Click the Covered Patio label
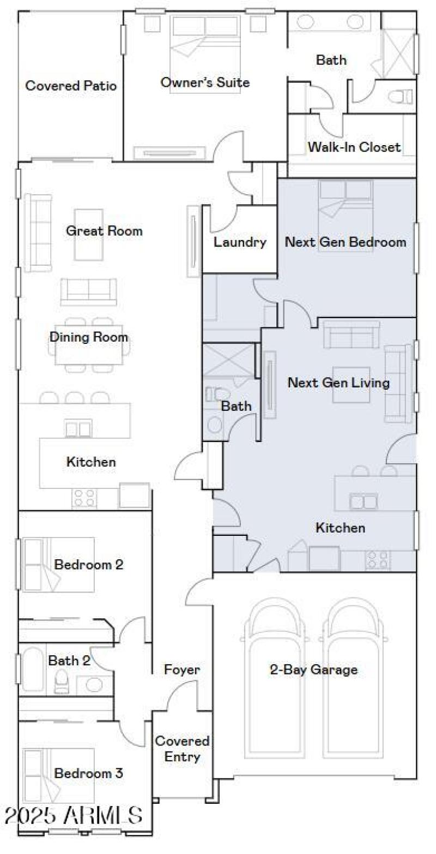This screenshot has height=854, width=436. [71, 86]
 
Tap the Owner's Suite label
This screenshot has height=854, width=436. [205, 82]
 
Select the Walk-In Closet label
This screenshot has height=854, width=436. [354, 147]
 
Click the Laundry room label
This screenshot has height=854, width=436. [240, 242]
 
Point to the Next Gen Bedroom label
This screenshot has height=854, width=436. [346, 242]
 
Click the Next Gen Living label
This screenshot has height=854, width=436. [338, 383]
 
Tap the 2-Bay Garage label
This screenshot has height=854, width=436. [314, 670]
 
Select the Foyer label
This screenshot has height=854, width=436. [182, 670]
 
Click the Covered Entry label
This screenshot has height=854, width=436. [182, 749]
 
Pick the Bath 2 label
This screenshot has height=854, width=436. [69, 660]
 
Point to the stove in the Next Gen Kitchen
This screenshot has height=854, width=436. [378, 559]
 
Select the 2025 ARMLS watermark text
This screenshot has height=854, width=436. [73, 815]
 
